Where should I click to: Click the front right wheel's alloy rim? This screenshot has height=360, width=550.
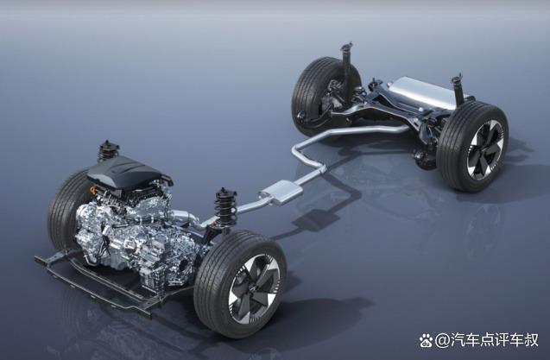pos(254,289)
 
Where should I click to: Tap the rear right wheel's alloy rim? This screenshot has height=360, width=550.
pos(485,149)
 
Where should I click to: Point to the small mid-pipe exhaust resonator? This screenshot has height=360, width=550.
pos(281,192)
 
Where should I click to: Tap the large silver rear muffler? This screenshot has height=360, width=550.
pos(425,92)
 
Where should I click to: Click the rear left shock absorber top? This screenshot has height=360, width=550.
pos(347,47)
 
